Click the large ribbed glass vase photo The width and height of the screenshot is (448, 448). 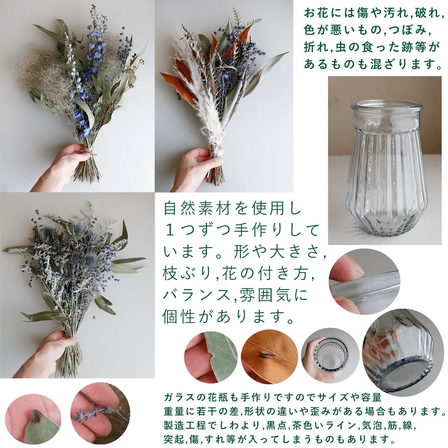click(385, 160)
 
